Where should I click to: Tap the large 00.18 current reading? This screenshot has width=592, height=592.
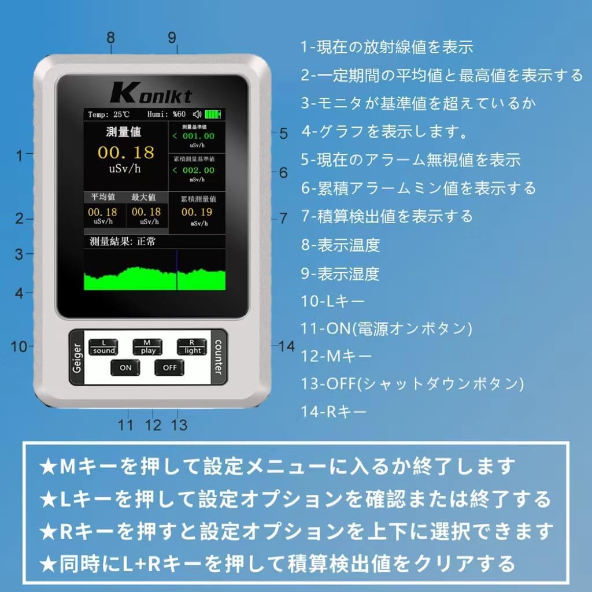[125, 152]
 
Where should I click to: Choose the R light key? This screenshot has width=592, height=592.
[192, 347]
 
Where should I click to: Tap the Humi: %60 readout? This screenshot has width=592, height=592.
[166, 114]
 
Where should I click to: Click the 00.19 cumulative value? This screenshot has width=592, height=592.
[197, 212]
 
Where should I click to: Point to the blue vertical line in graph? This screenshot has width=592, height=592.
[176, 270]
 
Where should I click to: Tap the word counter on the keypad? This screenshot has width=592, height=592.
[219, 356]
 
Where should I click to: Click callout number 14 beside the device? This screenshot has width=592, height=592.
[286, 346]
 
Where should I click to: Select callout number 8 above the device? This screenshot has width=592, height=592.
[110, 38]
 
